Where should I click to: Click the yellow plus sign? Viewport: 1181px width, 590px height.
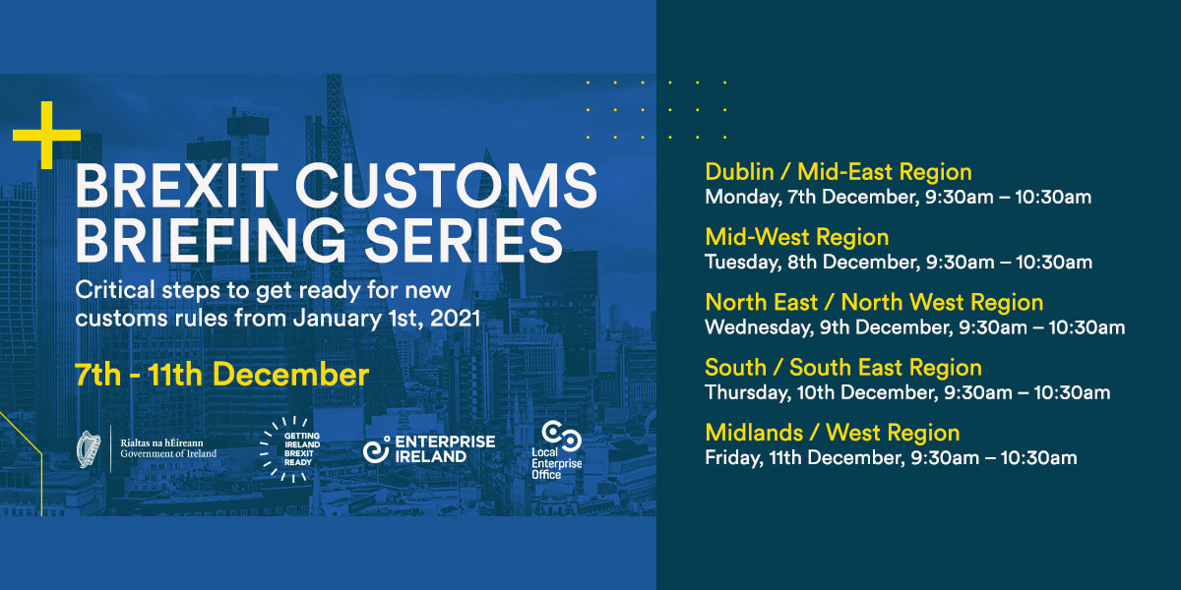(x=46, y=135)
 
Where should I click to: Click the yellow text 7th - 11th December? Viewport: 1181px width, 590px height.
(x=221, y=375)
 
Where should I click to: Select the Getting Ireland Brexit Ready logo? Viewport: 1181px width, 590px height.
(x=284, y=449)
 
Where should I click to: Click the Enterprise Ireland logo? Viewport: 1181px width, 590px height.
(x=428, y=448)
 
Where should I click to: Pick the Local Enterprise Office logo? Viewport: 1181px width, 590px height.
(x=561, y=450)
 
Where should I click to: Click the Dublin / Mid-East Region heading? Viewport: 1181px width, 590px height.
(x=839, y=172)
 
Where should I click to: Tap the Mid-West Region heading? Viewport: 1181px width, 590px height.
(x=796, y=237)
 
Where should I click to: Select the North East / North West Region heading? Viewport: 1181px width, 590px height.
(x=874, y=302)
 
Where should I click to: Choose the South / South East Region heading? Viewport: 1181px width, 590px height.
(x=843, y=368)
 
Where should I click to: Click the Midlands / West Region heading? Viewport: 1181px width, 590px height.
(x=832, y=433)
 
